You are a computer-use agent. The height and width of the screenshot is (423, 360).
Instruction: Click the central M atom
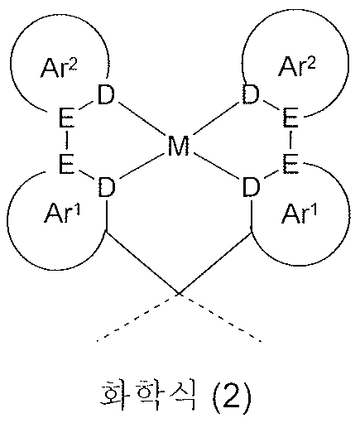pyautogui.click(x=179, y=148)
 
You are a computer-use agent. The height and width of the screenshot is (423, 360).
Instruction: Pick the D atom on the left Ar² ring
pyautogui.click(x=106, y=95)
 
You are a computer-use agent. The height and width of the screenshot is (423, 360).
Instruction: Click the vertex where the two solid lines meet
pyautogui.click(x=179, y=292)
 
